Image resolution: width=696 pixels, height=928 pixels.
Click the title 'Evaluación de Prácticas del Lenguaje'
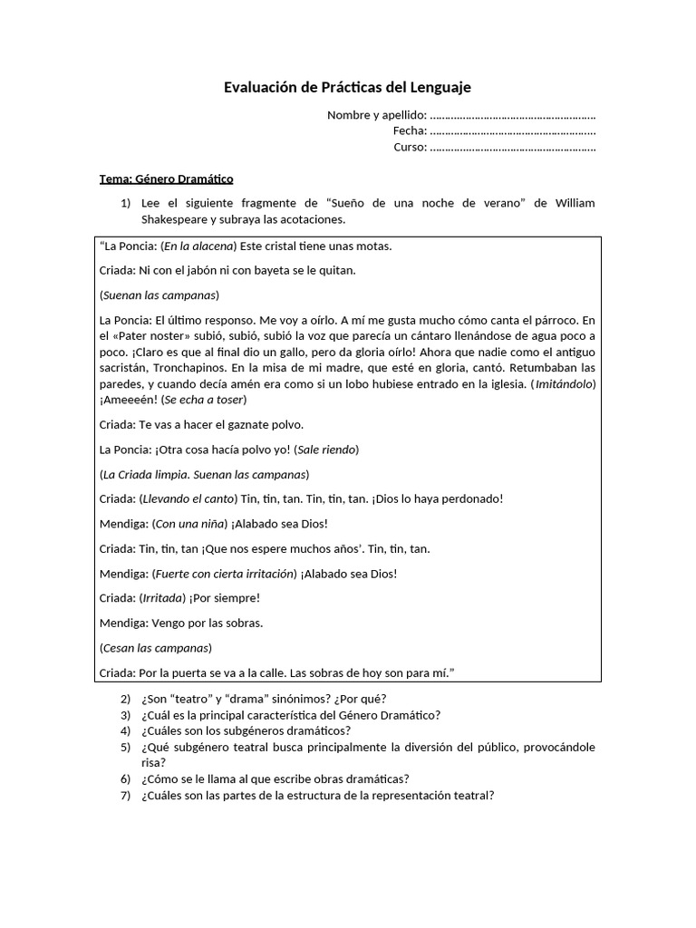[347, 88]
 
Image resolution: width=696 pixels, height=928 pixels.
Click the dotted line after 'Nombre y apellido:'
[512, 115]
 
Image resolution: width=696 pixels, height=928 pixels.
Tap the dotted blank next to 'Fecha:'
[512, 131]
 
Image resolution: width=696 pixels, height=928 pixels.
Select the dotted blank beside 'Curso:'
[512, 148]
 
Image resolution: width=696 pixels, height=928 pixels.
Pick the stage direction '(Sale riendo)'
[326, 449]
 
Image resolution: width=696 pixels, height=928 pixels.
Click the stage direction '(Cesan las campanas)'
[155, 648]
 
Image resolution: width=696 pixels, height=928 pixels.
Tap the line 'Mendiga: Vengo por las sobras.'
[181, 623]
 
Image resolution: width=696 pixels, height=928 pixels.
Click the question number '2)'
[125, 699]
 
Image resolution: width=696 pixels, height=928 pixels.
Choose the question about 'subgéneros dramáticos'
[246, 730]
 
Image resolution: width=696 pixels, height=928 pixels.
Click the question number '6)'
[125, 778]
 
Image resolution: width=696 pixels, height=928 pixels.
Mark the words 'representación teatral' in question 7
[430, 796]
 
